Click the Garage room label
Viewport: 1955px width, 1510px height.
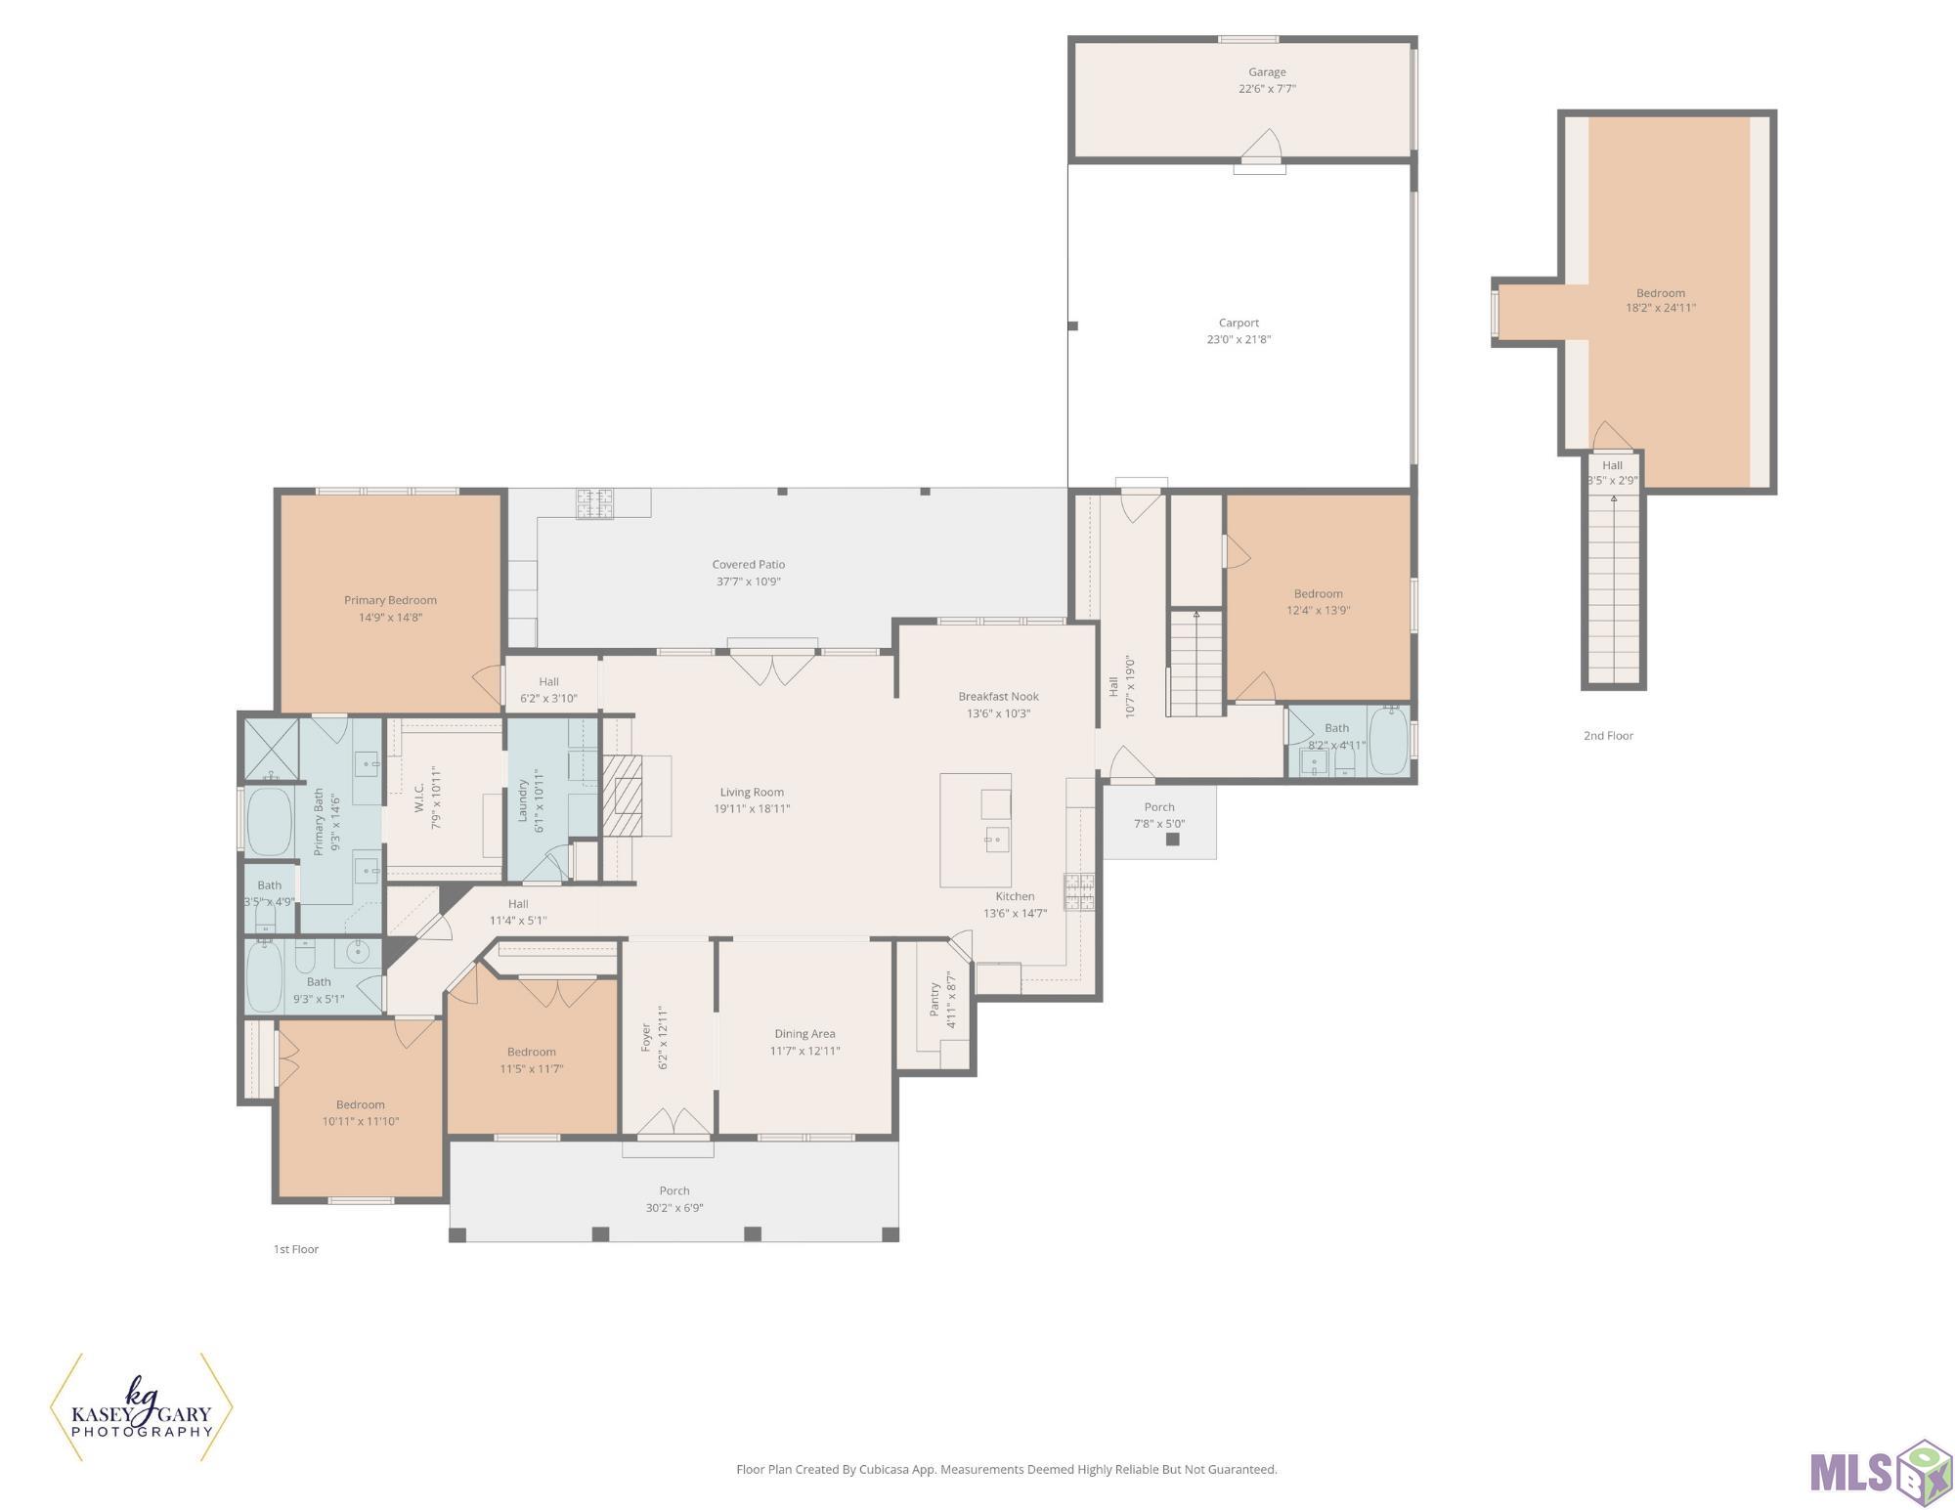coord(1267,72)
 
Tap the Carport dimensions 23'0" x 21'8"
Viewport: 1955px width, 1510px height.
coord(1238,340)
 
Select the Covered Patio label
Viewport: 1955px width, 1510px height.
coord(749,565)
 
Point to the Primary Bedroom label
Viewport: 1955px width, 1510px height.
coord(390,600)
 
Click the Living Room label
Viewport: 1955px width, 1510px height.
coord(752,793)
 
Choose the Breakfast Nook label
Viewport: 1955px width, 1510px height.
coord(998,697)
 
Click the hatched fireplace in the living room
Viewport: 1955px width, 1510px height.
coord(623,796)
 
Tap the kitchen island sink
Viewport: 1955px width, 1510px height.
coord(997,840)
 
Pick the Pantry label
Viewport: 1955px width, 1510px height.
coord(934,1000)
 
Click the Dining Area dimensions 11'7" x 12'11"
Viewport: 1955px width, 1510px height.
coord(805,1052)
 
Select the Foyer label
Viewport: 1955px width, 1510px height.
coord(646,1038)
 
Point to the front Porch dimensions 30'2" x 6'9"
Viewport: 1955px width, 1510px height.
coord(674,1208)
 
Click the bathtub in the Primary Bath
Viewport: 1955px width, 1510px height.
coord(270,821)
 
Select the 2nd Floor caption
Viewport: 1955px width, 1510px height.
coord(1608,736)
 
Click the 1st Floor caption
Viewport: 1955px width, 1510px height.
coord(296,1249)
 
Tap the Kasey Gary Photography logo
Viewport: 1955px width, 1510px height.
coord(142,1408)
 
